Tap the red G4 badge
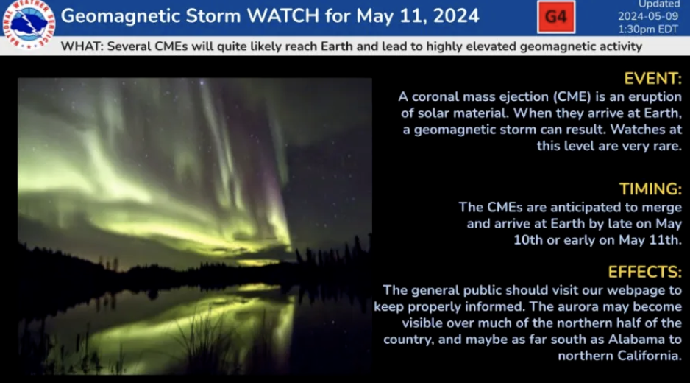[x=556, y=17]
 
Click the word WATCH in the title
[x=283, y=16]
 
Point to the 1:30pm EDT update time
[x=648, y=29]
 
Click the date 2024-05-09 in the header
[x=648, y=16]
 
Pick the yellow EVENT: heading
[x=653, y=79]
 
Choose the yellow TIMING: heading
[x=650, y=189]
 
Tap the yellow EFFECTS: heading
[x=644, y=272]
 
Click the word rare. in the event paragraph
[x=667, y=146]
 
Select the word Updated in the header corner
[x=659, y=4]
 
